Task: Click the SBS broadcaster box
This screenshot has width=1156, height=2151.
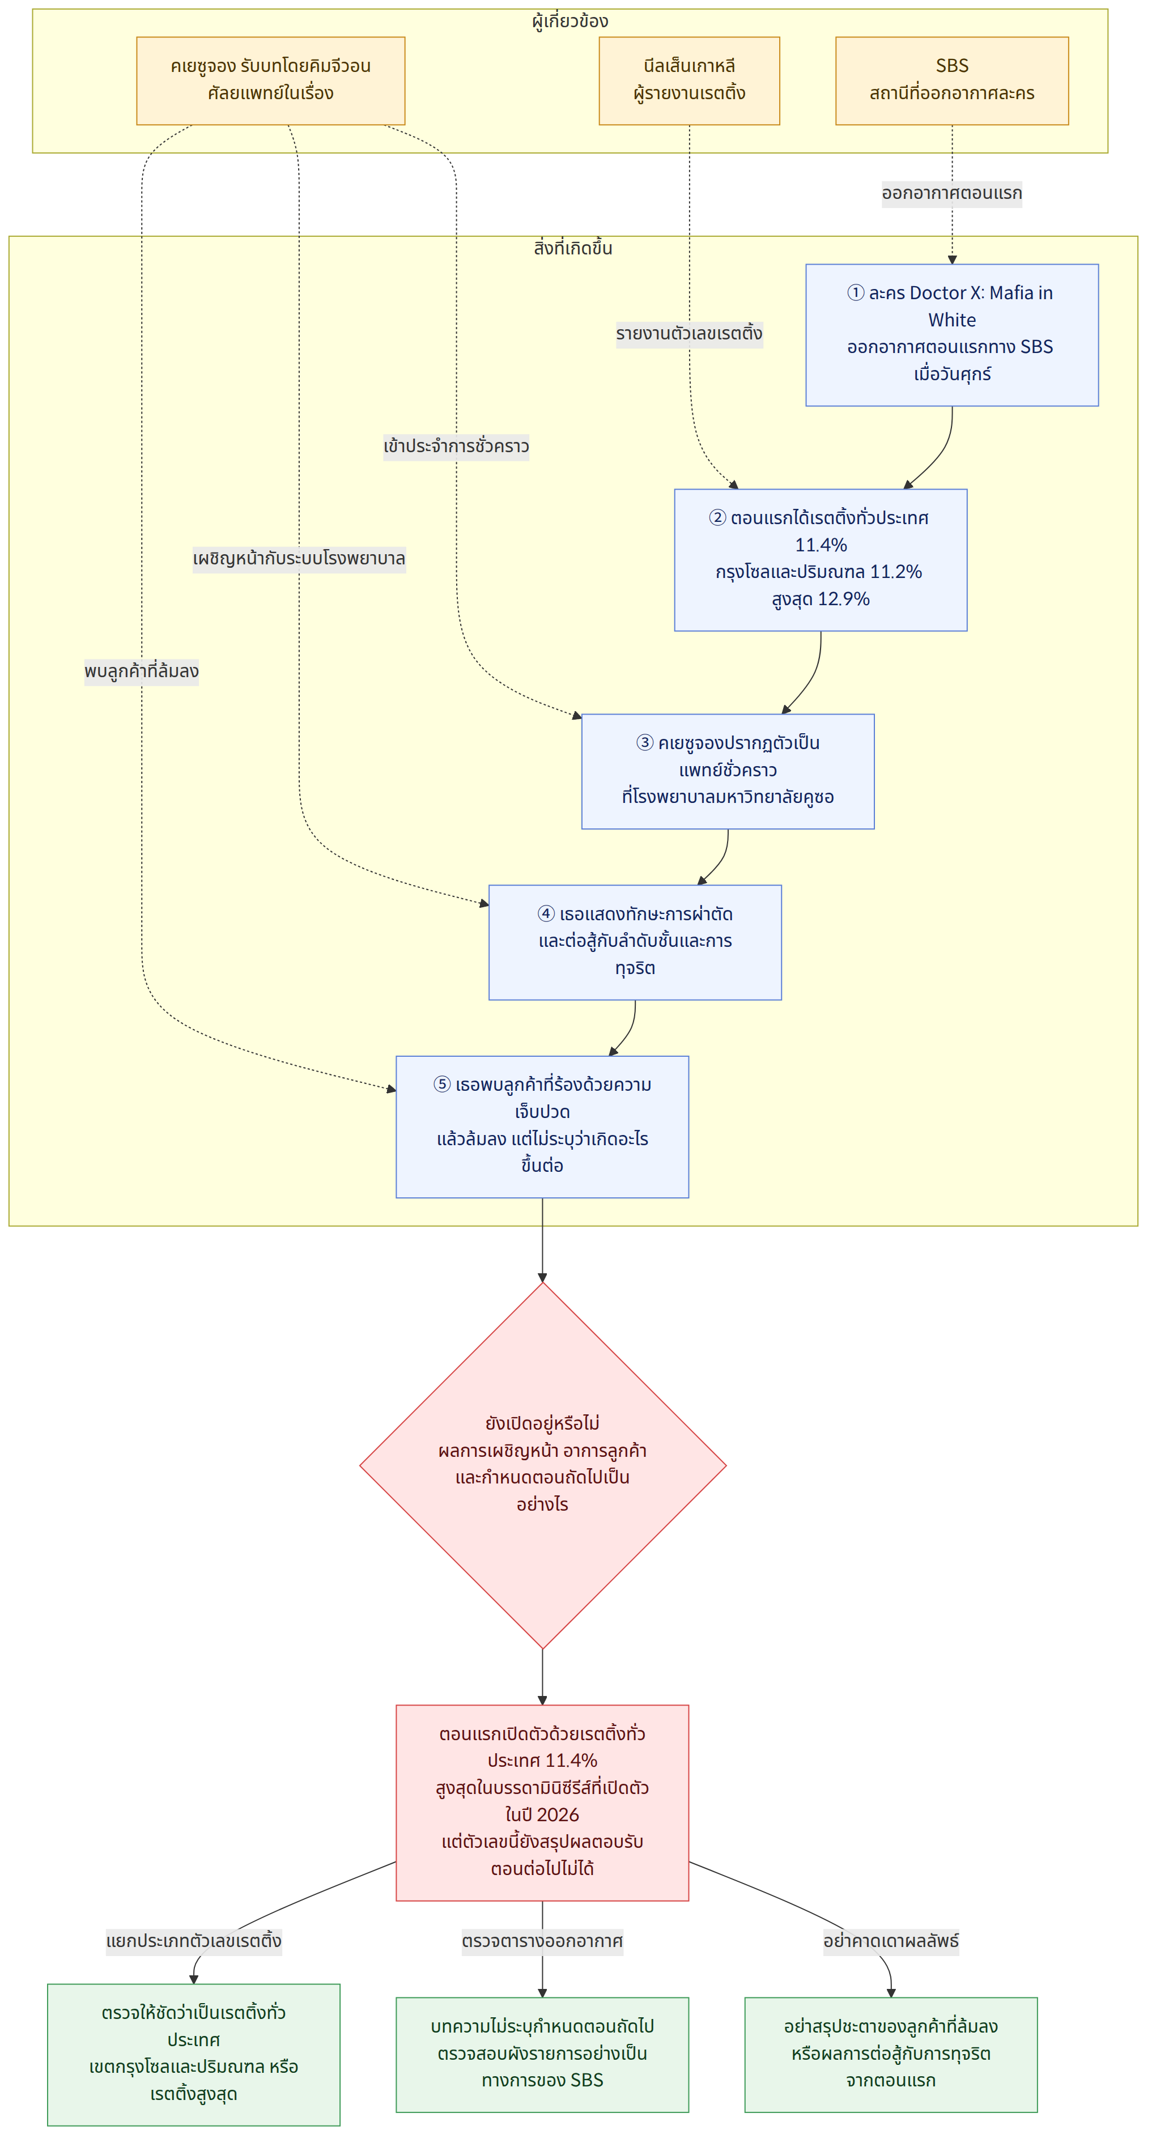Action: pos(951,81)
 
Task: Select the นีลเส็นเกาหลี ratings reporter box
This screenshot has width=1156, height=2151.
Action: pos(689,81)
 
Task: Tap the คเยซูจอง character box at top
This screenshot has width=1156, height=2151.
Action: pos(271,81)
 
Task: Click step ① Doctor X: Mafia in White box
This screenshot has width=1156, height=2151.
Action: pos(951,335)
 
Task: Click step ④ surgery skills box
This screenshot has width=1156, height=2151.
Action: pos(635,942)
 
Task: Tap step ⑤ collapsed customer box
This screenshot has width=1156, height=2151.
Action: pos(542,1126)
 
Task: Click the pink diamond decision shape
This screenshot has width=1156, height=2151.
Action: pos(543,1465)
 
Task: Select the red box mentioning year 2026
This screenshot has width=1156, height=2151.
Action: pos(542,1803)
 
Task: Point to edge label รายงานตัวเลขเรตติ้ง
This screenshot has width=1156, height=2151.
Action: pos(689,334)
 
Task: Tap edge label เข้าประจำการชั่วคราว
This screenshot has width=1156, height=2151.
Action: pos(456,446)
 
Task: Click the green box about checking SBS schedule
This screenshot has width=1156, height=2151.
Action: pos(542,2054)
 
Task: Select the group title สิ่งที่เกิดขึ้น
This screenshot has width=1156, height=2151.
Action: pos(573,248)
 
